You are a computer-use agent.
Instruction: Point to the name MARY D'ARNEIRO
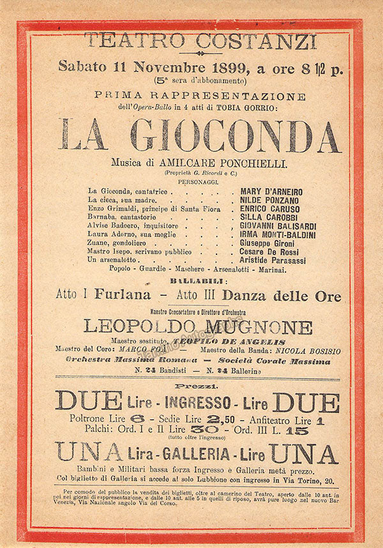coord(271,192)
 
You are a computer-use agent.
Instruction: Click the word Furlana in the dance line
coord(123,296)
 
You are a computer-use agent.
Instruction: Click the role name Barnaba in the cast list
coord(104,218)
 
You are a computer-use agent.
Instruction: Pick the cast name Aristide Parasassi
coord(273,261)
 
